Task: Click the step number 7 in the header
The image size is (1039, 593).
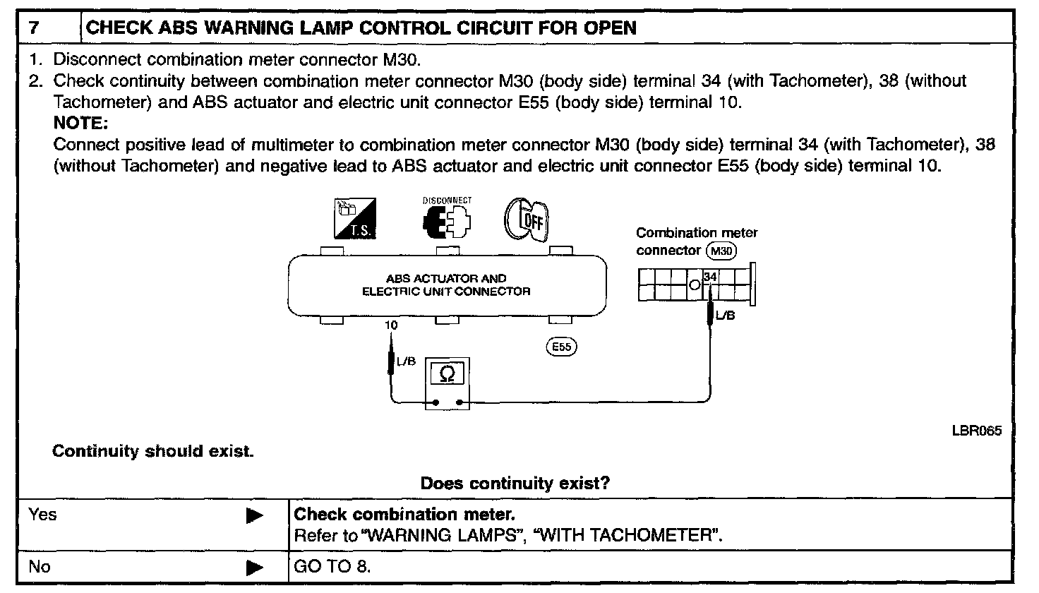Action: point(34,28)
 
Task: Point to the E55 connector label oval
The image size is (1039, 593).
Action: point(562,347)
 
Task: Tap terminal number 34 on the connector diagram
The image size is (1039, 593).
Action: point(710,277)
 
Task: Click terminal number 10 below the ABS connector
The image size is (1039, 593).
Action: point(391,325)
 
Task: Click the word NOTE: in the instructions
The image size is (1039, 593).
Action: point(80,124)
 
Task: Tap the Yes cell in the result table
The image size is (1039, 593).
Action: point(42,515)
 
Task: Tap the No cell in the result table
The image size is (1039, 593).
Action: point(40,566)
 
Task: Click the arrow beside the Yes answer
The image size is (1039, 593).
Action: point(254,516)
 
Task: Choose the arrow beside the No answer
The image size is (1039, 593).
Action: point(254,567)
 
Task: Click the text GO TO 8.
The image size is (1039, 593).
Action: point(331,567)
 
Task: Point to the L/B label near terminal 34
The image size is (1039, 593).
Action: point(725,316)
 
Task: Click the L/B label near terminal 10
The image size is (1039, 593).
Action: point(406,361)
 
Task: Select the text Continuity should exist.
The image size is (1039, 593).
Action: point(152,451)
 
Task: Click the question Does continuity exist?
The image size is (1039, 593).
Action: point(515,484)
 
